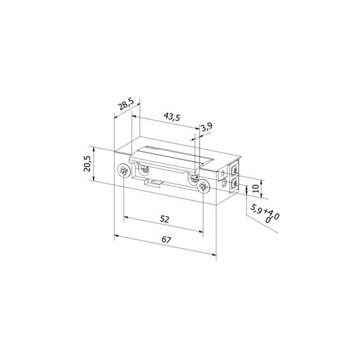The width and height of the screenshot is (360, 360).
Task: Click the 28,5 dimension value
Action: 126,105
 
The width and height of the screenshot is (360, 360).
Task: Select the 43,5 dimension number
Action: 172,117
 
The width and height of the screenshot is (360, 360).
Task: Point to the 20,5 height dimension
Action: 88,163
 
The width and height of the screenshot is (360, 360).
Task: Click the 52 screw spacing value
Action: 164,219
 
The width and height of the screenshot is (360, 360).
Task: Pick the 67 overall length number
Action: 166,240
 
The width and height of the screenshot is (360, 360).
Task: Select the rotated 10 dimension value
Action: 256,189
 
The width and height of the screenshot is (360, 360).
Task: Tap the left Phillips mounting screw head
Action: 124,171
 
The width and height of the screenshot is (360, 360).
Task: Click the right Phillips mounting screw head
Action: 203,186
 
